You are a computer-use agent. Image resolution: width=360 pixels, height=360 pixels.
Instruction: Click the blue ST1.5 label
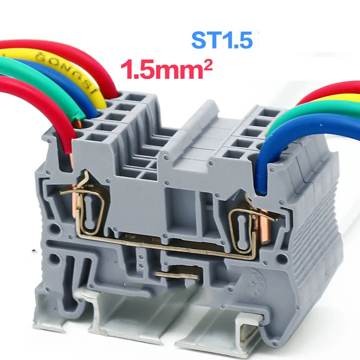pyautogui.click(x=220, y=40)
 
